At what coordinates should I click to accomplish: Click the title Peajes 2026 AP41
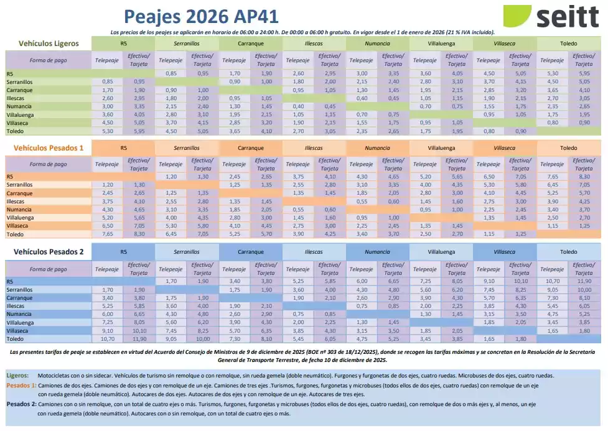coord(200,16)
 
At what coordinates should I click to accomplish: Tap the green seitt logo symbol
coord(517,16)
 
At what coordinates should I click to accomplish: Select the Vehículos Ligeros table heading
coord(49,44)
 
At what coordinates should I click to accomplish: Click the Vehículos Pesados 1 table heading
coord(49,147)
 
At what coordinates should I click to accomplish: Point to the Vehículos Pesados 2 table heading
coord(49,251)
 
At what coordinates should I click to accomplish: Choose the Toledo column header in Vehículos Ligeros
coord(568,44)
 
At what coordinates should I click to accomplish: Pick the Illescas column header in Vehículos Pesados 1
coord(314,147)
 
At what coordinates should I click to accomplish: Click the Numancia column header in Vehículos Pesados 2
coord(377,251)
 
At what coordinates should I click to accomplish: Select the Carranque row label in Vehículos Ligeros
coord(19,90)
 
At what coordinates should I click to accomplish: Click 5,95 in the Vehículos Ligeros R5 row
coord(583,73)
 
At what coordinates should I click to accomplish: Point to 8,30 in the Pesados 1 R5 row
coord(583,177)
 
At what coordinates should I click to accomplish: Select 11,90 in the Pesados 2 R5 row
coord(583,280)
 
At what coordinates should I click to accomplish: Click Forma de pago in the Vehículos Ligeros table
coord(48,60)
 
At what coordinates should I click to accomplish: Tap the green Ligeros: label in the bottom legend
coord(17,376)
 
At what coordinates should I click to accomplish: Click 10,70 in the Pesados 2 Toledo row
coord(107,339)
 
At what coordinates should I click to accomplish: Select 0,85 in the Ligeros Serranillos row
coord(107,81)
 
